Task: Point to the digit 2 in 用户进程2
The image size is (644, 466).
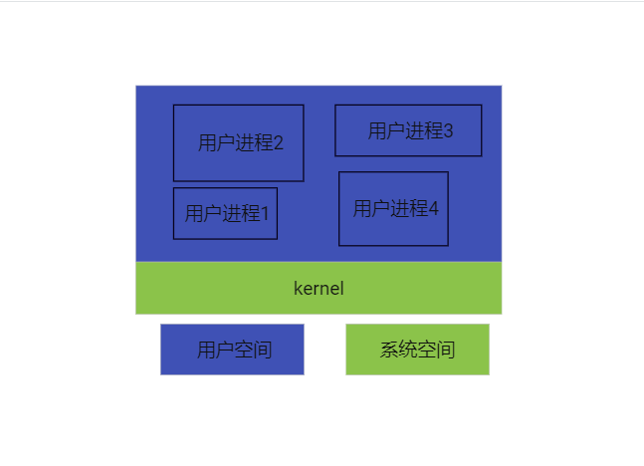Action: [x=279, y=142]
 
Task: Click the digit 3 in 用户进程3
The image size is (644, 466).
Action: [x=448, y=130]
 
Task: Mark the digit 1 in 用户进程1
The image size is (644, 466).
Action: [x=265, y=213]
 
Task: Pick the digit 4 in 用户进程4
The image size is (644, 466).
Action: [x=433, y=209]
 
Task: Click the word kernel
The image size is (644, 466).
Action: [x=319, y=289]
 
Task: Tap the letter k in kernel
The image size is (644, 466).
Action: [x=298, y=289]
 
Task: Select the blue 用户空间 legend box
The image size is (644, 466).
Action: [x=232, y=349]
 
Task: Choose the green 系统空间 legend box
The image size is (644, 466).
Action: [x=417, y=349]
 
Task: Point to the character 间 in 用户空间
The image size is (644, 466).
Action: [x=263, y=349]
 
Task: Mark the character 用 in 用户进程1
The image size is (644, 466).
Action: [x=194, y=213]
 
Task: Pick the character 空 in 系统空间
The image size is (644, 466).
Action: [x=427, y=349]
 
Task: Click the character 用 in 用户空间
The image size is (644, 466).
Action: [x=206, y=349]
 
